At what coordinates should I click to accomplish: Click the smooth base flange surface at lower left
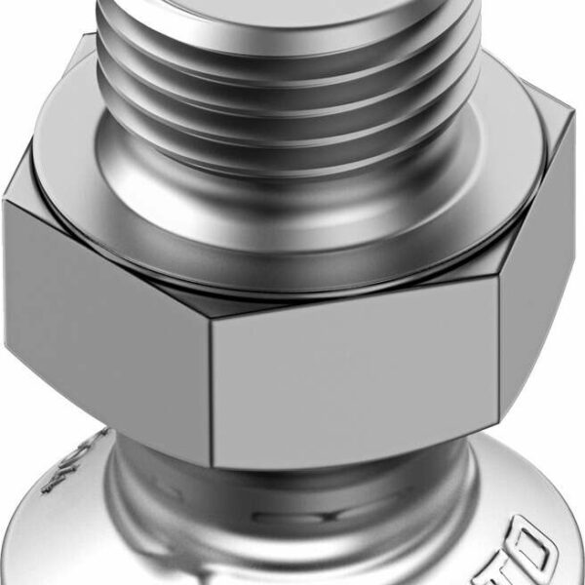(x=58, y=546)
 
